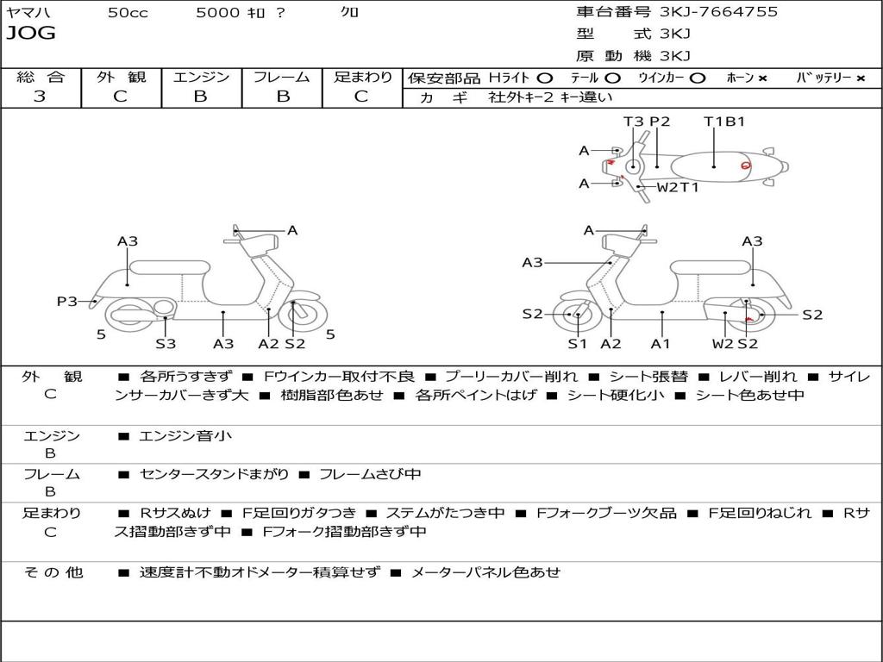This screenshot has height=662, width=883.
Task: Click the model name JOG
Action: [30, 34]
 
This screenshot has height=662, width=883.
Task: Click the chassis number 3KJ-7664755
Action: [718, 12]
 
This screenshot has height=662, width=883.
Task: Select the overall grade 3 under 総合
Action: [40, 97]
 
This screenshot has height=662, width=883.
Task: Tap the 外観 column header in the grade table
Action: [121, 77]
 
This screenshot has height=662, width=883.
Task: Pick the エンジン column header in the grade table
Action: [201, 77]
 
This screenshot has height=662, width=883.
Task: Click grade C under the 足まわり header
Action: [361, 97]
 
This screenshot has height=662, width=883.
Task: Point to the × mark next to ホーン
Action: [762, 78]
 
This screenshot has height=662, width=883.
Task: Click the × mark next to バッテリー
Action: [860, 78]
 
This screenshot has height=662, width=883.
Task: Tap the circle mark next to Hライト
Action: [545, 78]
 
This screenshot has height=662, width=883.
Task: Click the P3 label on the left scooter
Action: [67, 302]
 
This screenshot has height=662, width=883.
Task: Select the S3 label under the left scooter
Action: [166, 344]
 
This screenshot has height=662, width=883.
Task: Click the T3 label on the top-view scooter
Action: [634, 122]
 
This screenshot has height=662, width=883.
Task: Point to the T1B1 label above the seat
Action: [724, 122]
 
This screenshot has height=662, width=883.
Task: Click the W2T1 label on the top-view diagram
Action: [678, 187]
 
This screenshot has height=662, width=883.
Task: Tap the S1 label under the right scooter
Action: [577, 344]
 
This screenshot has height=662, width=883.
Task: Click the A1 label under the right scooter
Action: [661, 344]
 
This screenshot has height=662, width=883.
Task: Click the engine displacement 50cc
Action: [128, 13]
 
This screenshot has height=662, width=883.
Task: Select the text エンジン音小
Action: [185, 436]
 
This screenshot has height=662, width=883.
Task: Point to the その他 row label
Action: [53, 571]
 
